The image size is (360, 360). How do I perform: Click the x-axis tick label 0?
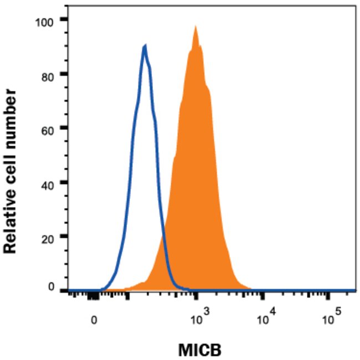[95, 320]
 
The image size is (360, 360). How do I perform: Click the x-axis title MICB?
[200, 350]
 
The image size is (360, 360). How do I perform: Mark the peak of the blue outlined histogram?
[145, 46]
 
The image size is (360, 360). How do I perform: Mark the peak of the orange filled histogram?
[196, 27]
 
